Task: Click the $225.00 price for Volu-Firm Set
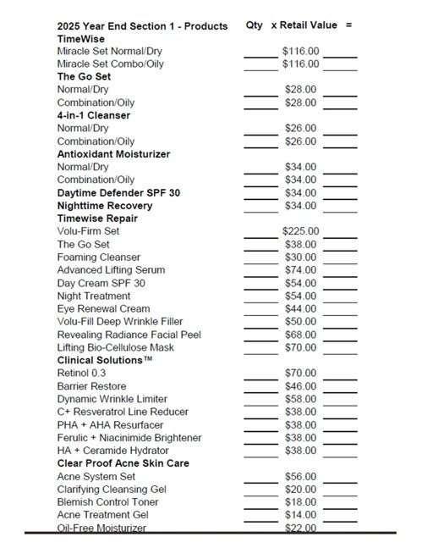click(x=300, y=230)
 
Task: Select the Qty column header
click(x=254, y=25)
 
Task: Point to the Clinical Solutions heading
click(x=105, y=360)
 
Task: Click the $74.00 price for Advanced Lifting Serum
click(x=300, y=269)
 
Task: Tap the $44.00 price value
click(x=300, y=308)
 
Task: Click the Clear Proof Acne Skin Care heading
click(x=123, y=463)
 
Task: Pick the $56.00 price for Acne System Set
click(x=300, y=476)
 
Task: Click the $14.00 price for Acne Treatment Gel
click(x=300, y=514)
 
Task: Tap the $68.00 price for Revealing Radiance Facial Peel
click(x=300, y=334)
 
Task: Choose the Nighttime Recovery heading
click(x=105, y=206)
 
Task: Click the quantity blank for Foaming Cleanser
click(x=260, y=259)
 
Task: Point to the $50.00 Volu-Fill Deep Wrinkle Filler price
click(x=300, y=321)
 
